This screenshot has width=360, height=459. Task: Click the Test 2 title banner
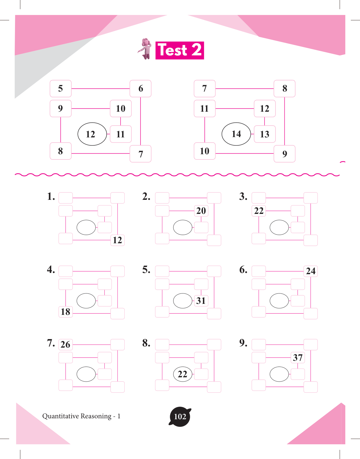[180, 50]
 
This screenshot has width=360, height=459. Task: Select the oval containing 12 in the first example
[92, 134]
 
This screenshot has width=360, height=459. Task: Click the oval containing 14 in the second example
[236, 134]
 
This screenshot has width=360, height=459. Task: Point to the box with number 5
[61, 88]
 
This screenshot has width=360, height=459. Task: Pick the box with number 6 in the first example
[141, 88]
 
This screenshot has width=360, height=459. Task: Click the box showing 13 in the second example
[265, 134]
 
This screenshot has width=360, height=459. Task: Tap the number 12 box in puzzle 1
[118, 240]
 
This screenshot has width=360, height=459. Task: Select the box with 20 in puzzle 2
[201, 211]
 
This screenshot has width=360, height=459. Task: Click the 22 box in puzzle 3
[259, 211]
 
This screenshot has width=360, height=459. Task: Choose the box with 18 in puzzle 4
[66, 312]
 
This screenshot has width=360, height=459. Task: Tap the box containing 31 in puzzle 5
[201, 301]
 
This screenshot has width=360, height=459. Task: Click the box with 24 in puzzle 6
[311, 271]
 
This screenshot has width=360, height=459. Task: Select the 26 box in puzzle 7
[66, 345]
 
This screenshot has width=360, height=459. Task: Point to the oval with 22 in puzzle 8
[183, 374]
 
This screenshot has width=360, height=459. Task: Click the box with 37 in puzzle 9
[298, 358]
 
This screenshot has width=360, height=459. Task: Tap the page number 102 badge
[180, 416]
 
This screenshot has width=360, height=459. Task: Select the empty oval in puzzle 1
[86, 227]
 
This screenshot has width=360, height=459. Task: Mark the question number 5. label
[146, 270]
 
